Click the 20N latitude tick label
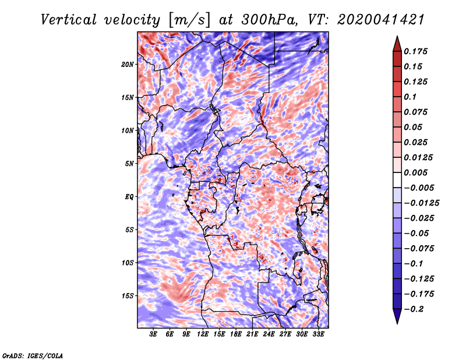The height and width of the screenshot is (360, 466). tap(128, 65)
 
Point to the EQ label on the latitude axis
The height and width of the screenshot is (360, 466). tap(129, 197)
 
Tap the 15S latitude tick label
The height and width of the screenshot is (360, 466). tap(128, 296)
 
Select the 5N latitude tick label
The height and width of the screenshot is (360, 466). tap(129, 164)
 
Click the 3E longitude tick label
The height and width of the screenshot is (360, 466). tap(153, 334)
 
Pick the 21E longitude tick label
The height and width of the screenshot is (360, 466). tap(252, 334)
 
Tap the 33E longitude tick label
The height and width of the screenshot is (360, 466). tap(318, 334)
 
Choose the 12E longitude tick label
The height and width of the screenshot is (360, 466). tap(203, 334)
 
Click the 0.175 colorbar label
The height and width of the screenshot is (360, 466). tap(415, 51)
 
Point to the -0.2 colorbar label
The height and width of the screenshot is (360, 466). tap(414, 309)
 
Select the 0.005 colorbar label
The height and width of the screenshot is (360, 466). tap(415, 172)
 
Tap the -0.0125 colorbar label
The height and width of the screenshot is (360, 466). tap(421, 203)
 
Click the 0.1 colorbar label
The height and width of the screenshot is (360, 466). tap(410, 97)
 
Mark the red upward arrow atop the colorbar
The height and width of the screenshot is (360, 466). tap(397, 44)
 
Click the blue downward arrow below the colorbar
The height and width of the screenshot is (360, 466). tap(397, 316)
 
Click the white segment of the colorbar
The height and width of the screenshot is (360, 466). tap(397, 180)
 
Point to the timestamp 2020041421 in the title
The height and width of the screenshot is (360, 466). tap(381, 20)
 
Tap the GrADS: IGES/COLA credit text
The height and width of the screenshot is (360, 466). tap(33, 355)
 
